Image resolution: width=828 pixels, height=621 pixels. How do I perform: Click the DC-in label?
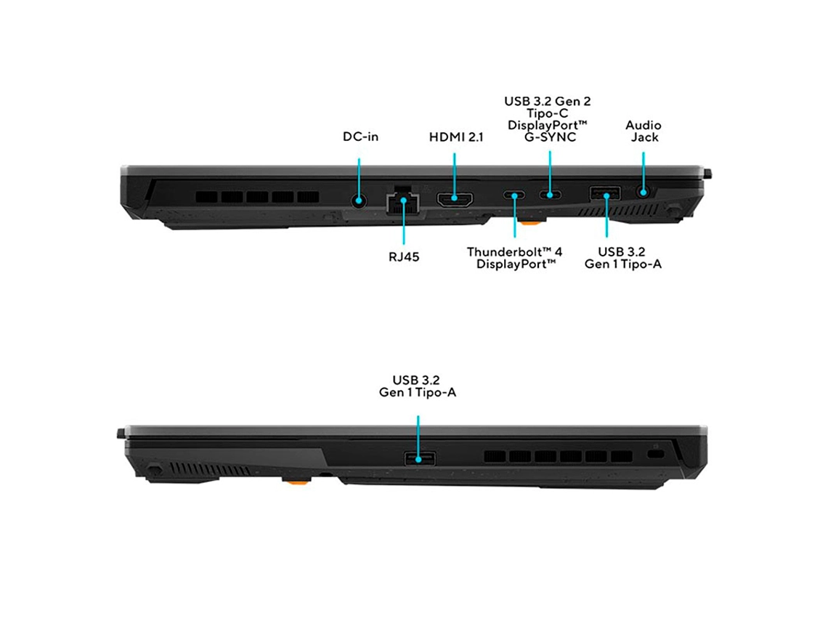[x=361, y=137]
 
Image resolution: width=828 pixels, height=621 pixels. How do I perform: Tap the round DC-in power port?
[x=359, y=200]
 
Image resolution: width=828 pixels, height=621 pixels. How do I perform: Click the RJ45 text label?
[x=404, y=257]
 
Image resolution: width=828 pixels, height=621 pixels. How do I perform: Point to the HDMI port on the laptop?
[x=455, y=198]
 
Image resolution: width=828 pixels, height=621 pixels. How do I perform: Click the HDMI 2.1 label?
[x=456, y=137]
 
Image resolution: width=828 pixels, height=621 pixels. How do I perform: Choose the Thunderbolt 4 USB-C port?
[x=514, y=195]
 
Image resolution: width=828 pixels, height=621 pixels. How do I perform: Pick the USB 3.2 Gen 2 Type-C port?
[x=551, y=195]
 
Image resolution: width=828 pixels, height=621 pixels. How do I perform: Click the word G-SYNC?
[x=551, y=137]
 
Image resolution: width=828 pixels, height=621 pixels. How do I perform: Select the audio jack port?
[x=644, y=191]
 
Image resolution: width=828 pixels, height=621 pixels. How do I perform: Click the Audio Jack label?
[x=644, y=131]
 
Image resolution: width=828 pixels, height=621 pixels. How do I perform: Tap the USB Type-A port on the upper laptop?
[x=605, y=193]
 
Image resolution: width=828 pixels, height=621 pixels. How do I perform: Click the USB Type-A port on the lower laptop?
[x=420, y=458]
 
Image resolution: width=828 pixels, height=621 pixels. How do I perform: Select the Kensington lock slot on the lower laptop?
[x=657, y=454]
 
